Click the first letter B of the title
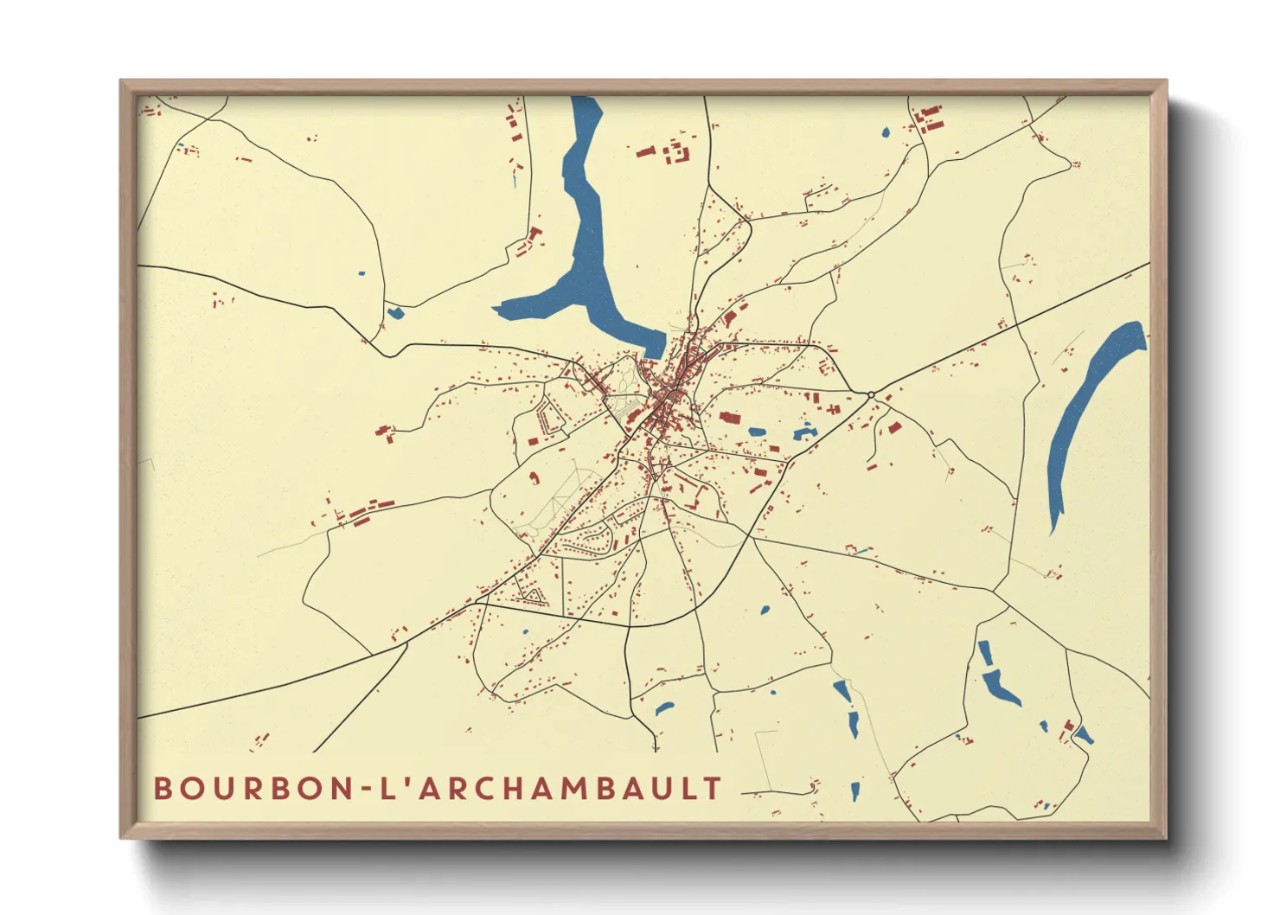162,789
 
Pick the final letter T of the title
713,789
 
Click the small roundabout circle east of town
871,395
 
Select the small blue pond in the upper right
886,133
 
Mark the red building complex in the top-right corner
929,119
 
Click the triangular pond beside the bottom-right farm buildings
1083,736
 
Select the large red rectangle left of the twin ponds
730,418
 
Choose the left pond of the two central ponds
757,432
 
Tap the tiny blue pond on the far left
362,274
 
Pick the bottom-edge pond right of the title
855,790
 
